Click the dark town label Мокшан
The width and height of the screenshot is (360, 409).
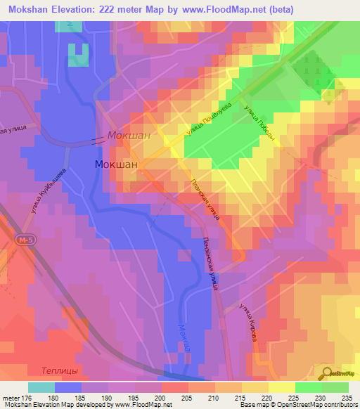point(116,164)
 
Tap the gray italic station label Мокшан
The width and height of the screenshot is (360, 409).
point(129,136)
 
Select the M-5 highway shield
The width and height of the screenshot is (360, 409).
point(25,240)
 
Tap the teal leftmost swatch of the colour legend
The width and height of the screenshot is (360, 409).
point(41,388)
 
